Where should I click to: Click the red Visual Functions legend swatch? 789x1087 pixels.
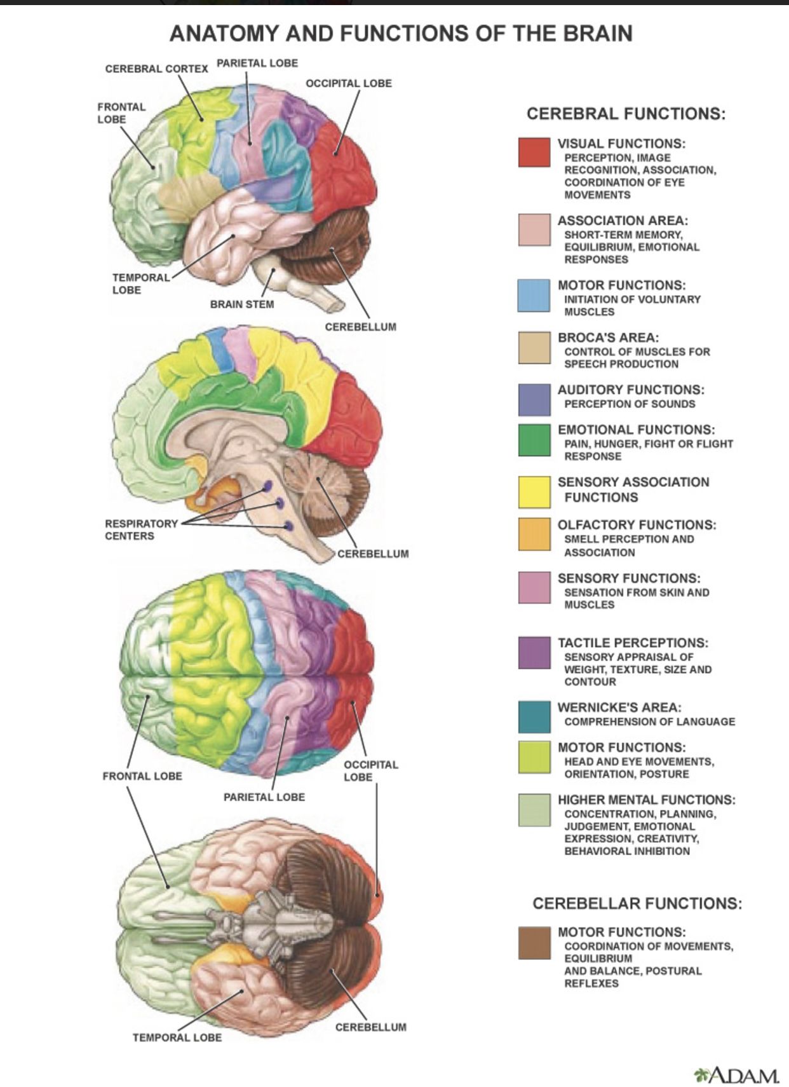pos(534,153)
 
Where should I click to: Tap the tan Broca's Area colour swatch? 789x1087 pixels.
pos(534,347)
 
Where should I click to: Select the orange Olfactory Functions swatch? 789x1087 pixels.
pos(534,534)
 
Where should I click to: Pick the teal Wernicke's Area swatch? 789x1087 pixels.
pos(534,717)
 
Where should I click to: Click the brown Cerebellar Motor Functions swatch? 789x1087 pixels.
pos(534,943)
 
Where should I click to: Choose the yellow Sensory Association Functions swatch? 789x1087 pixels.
pos(534,492)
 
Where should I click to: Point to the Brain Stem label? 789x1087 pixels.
pos(242,304)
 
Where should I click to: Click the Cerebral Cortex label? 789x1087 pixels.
pos(156,69)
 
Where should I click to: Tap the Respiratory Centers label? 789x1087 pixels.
pos(141,530)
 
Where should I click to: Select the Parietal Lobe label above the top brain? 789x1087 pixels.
pos(257,63)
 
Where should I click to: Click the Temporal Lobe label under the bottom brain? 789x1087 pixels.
pos(177,1037)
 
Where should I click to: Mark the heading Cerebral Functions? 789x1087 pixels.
pos(626,114)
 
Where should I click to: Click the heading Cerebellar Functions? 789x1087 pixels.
pos(637,903)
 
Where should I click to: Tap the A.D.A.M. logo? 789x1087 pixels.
pos(737,1075)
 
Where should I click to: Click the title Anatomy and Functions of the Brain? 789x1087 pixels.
pos(401,33)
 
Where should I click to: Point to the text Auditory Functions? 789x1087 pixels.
pos(631,390)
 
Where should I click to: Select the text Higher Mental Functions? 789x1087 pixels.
pos(646,800)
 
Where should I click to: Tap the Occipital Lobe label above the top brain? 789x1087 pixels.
pos(349,83)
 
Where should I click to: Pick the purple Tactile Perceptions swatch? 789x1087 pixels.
pos(534,653)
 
